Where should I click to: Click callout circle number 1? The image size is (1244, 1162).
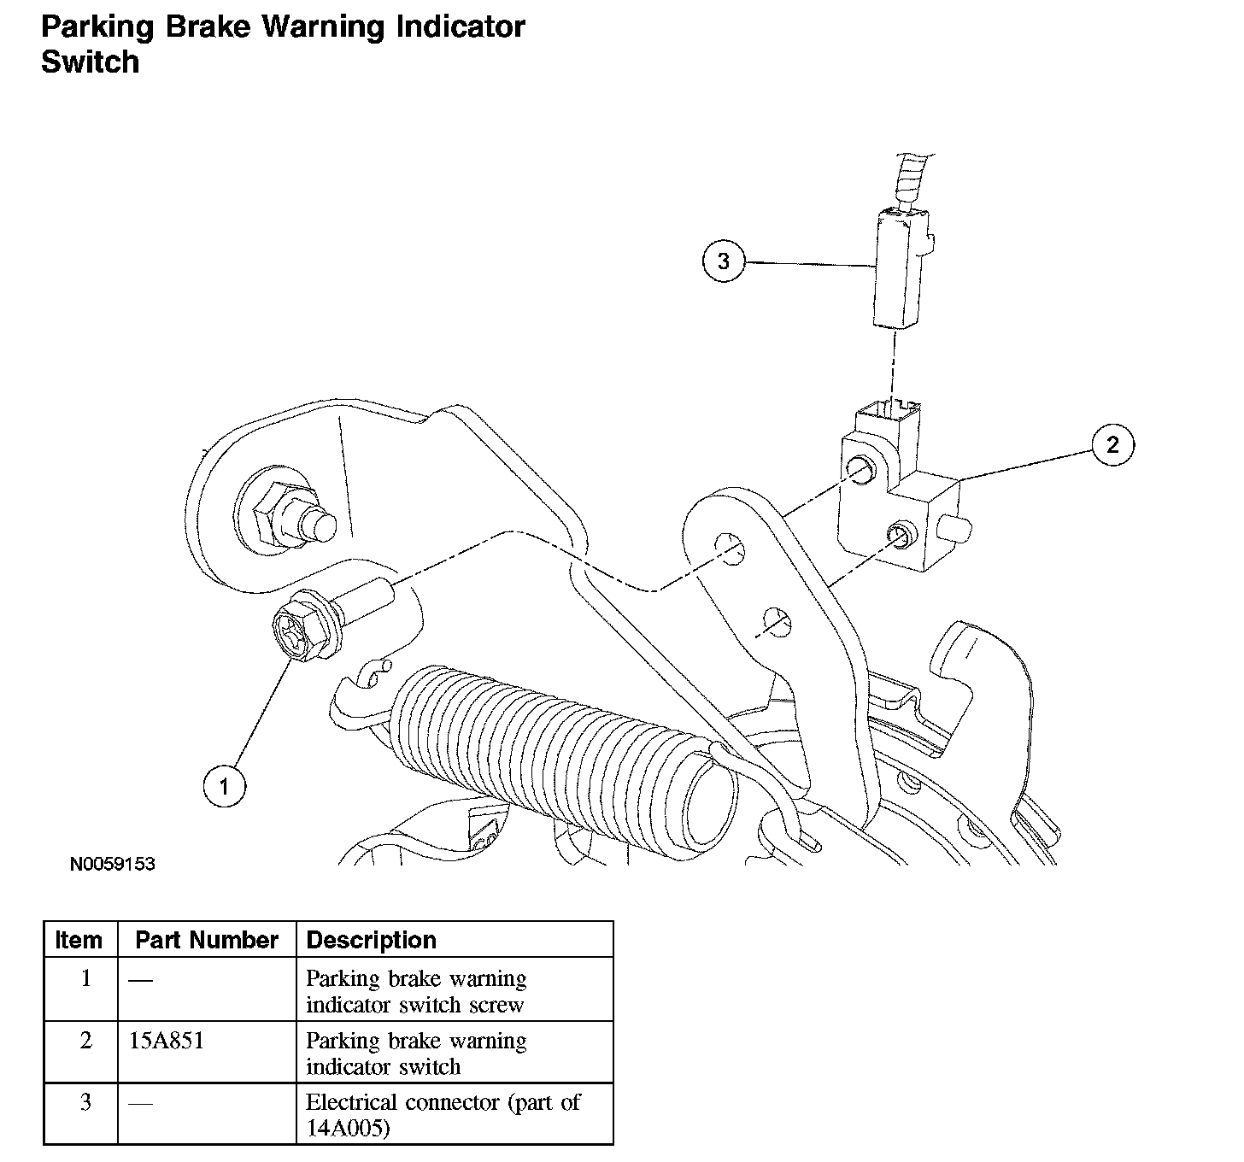click(x=225, y=785)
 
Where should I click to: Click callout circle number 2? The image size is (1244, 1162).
click(x=1112, y=444)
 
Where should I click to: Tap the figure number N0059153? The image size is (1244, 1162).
click(x=113, y=864)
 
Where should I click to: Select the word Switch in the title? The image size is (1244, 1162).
click(x=90, y=62)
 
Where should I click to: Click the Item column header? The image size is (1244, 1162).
click(x=79, y=940)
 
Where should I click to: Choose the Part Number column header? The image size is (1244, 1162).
click(x=207, y=940)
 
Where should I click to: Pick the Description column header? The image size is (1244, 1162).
click(x=371, y=940)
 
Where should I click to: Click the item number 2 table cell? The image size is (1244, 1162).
click(x=85, y=1041)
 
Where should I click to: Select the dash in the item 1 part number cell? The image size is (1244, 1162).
click(x=140, y=980)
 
